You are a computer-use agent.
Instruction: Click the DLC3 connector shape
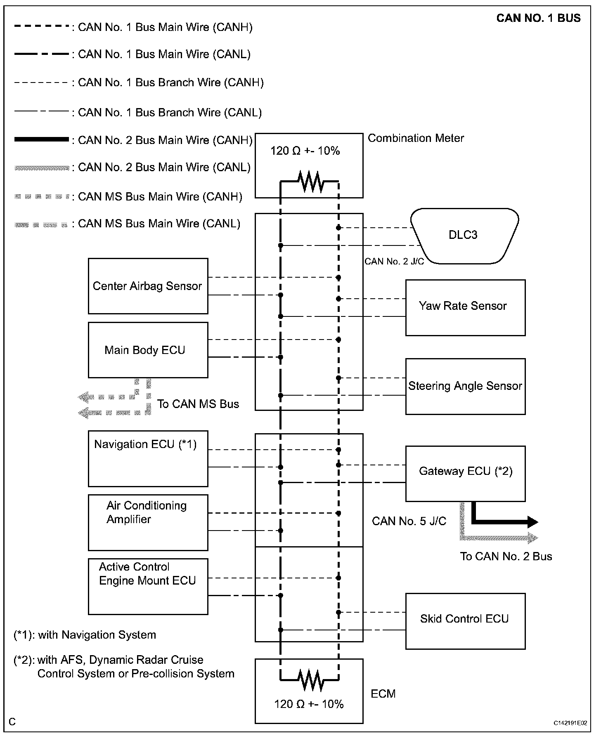(464, 236)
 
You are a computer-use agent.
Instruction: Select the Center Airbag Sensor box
(148, 286)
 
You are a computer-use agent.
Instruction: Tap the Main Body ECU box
(148, 350)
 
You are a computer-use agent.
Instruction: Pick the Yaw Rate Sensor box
(465, 307)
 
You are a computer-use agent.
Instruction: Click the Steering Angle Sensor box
(465, 386)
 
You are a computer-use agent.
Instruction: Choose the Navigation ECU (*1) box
(148, 458)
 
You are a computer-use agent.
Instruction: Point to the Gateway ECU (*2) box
(465, 473)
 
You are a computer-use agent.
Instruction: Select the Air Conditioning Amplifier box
(148, 522)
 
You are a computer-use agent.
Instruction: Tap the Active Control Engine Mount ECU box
(148, 586)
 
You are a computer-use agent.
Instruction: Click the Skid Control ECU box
(465, 621)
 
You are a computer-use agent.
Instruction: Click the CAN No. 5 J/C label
(409, 521)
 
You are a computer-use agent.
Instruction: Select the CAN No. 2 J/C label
(394, 262)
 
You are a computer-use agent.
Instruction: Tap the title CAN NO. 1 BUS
(538, 18)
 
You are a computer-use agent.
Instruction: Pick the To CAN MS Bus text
(198, 404)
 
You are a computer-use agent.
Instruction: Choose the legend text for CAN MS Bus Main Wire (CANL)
(159, 224)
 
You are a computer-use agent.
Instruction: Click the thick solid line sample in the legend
(41, 140)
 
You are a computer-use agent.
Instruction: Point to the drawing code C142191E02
(570, 723)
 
